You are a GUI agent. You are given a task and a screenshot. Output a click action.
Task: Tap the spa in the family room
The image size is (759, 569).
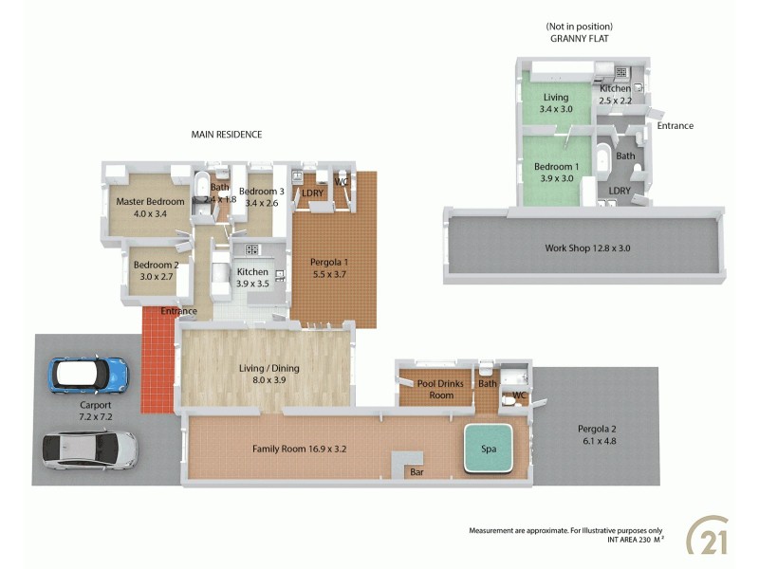(x=488, y=447)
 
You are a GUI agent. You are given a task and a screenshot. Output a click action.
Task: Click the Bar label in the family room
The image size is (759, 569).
(x=416, y=471)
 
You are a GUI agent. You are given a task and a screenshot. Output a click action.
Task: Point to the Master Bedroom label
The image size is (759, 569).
(x=150, y=202)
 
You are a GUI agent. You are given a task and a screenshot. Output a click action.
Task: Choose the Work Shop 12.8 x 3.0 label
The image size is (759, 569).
(x=587, y=248)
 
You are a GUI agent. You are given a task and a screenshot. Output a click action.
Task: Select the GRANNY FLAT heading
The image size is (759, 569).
(x=579, y=40)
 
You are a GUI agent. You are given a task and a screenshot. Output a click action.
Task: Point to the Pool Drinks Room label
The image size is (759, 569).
(x=435, y=389)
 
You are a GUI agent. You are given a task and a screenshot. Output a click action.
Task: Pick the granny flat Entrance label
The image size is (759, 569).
(x=675, y=125)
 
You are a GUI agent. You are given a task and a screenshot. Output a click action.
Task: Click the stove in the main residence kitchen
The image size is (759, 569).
(x=252, y=249)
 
